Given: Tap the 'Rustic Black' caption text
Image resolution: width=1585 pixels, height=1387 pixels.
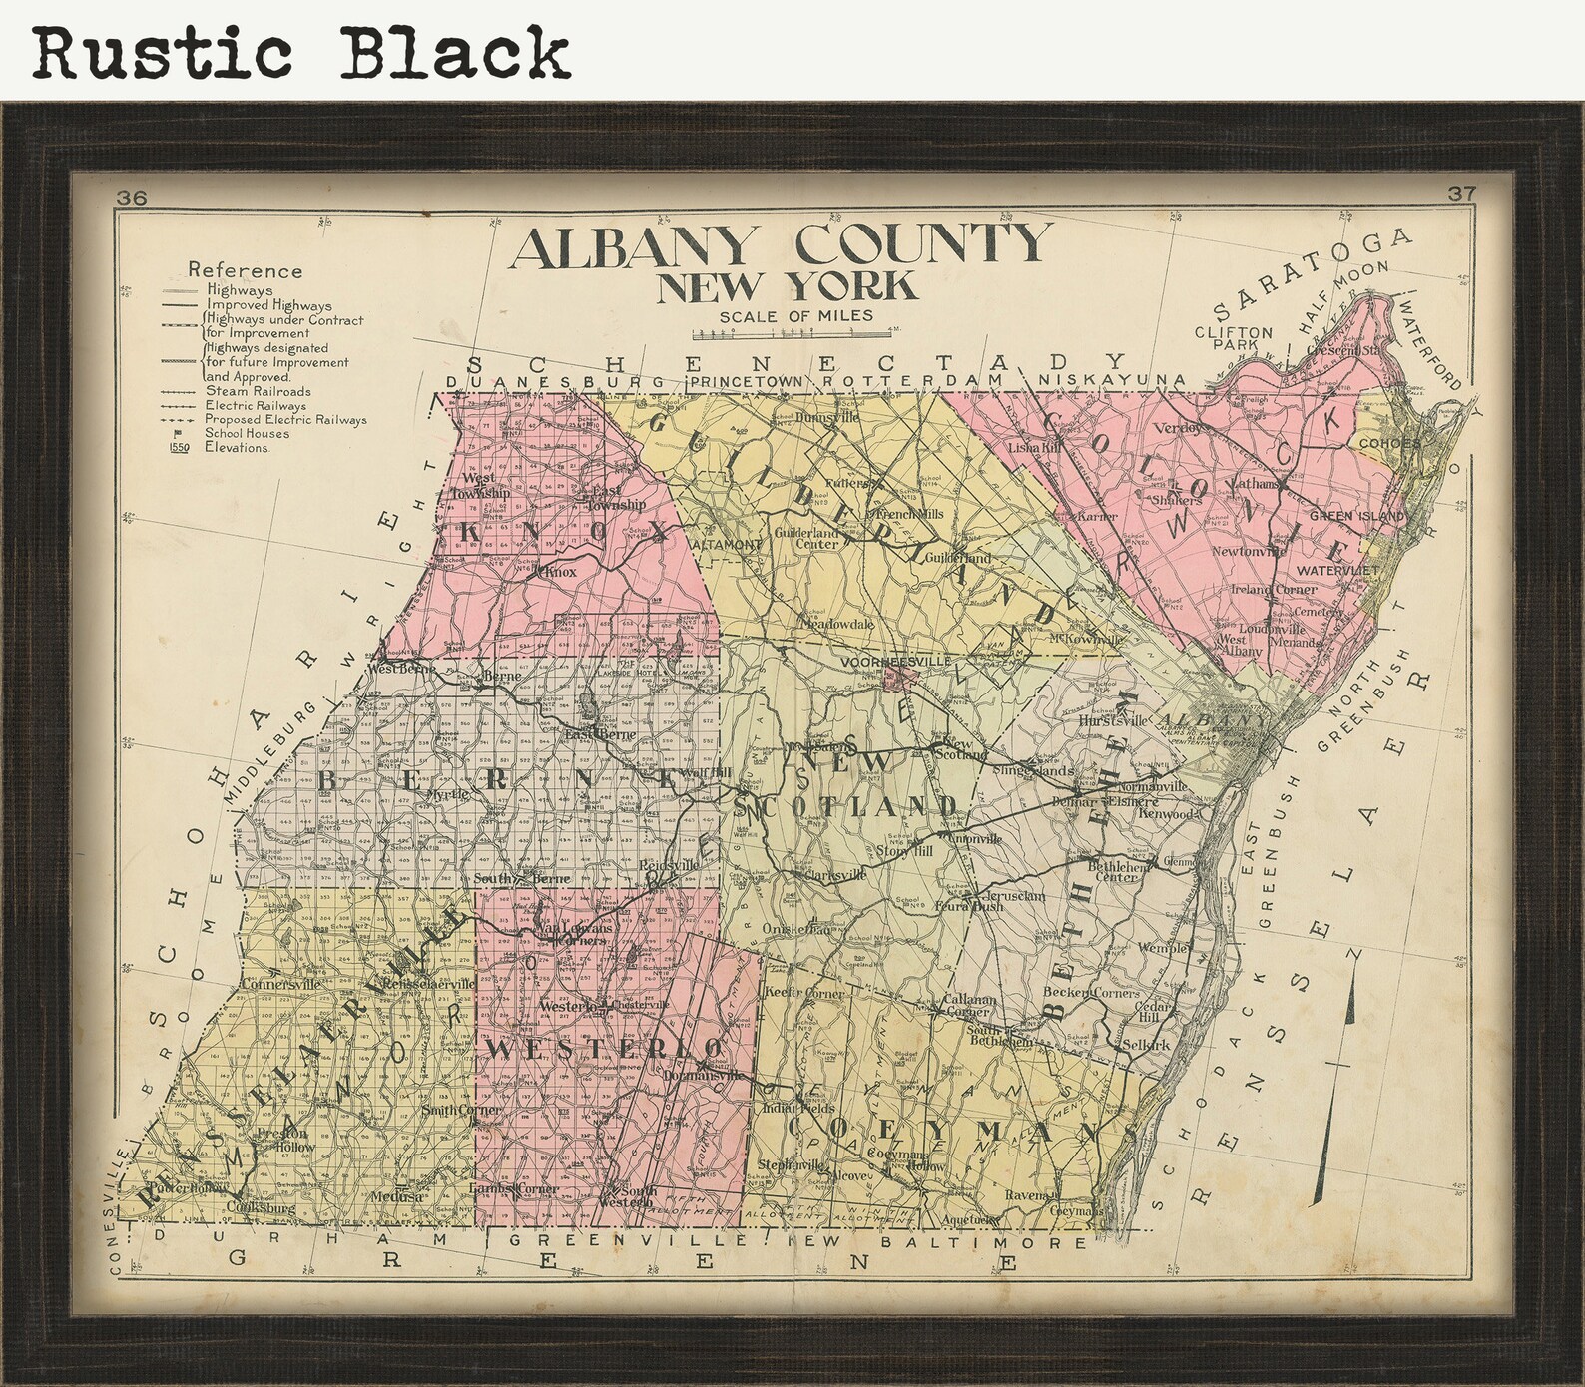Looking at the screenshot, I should pyautogui.click(x=300, y=52).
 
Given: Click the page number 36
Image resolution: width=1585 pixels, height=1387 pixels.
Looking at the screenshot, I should pyautogui.click(x=131, y=198).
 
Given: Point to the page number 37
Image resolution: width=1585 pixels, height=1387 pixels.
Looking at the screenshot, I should pyautogui.click(x=1460, y=194).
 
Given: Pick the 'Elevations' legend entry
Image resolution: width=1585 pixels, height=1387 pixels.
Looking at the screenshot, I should pyautogui.click(x=237, y=448).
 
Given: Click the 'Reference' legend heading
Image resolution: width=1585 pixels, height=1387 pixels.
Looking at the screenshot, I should pyautogui.click(x=245, y=270).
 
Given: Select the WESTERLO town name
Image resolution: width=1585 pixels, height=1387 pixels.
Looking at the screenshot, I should pyautogui.click(x=605, y=1048).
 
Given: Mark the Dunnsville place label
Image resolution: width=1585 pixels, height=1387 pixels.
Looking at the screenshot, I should pyautogui.click(x=828, y=417).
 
